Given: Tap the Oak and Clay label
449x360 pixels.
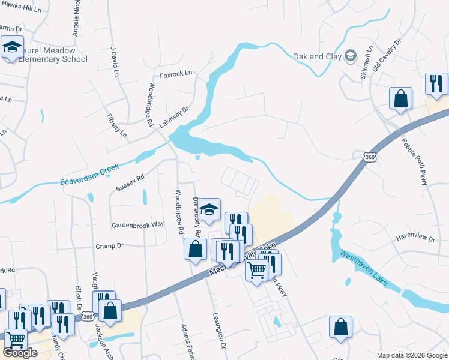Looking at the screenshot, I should (316, 56).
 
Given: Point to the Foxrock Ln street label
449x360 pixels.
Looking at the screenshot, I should (176, 74).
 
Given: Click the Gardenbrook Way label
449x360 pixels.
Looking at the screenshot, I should (137, 224).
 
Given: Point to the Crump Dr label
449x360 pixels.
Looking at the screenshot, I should (109, 246).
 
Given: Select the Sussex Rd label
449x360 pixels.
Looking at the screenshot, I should (130, 183).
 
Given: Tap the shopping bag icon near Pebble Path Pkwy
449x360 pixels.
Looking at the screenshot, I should (400, 98).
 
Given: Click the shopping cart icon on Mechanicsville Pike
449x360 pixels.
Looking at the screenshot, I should (256, 271).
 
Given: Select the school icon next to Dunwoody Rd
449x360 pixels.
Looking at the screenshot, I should (209, 209).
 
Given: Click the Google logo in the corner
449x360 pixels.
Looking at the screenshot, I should (20, 353).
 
